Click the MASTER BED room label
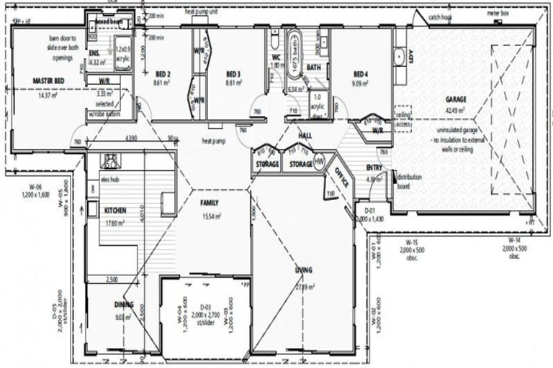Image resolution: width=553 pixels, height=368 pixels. click(x=49, y=81)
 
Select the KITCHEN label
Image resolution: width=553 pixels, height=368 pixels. click(x=116, y=211)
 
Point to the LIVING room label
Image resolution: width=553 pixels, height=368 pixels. click(x=303, y=270)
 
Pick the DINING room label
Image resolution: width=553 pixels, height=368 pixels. click(x=124, y=304)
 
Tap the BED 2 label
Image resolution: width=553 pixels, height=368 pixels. click(x=163, y=74)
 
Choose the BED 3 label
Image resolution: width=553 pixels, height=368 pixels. click(x=233, y=74)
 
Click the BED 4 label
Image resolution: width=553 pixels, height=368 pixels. click(x=361, y=74)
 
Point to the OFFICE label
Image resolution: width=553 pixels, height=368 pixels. click(x=340, y=176)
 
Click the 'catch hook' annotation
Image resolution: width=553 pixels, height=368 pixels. click(x=439, y=17)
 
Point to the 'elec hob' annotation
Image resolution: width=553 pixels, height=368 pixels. click(x=109, y=178)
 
